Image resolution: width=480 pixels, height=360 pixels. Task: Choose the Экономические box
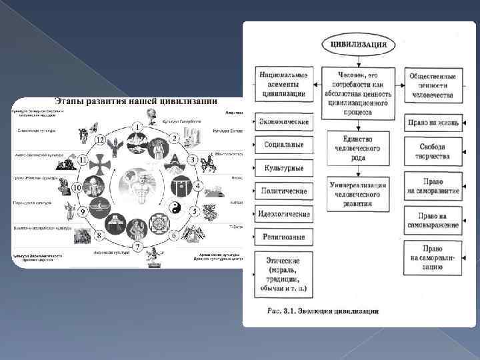(x=283, y=122)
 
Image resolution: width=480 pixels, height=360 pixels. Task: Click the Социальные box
(x=283, y=144)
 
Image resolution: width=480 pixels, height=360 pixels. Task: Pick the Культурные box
(x=283, y=168)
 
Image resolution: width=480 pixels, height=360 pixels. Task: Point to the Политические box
(x=283, y=191)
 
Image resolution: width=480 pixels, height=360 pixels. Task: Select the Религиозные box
(x=283, y=236)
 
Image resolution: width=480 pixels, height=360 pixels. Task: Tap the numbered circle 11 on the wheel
(x=83, y=160)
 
